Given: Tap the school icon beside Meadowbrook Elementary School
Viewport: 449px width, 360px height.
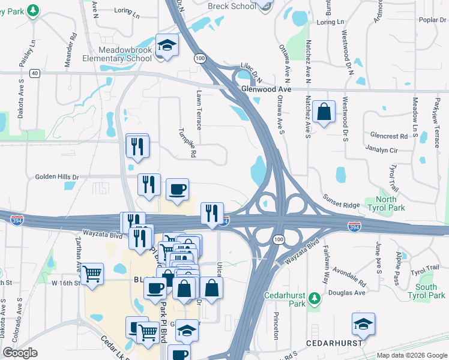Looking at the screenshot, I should pyautogui.click(x=167, y=44).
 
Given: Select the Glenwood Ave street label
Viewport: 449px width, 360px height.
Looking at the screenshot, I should pyautogui.click(x=265, y=89).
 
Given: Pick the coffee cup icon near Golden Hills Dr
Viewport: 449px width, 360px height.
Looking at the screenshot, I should pyautogui.click(x=177, y=190).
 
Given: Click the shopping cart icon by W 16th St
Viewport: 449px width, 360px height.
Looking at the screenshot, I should pyautogui.click(x=92, y=274).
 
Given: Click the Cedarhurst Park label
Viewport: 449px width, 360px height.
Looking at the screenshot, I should pyautogui.click(x=285, y=299).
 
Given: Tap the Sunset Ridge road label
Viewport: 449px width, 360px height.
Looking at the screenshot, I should pyautogui.click(x=341, y=201).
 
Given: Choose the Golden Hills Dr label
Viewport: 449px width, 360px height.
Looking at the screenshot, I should pyautogui.click(x=57, y=177).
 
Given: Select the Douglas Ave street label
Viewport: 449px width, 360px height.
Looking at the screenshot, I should pyautogui.click(x=351, y=293).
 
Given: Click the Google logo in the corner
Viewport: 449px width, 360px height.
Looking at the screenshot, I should pyautogui.click(x=20, y=352).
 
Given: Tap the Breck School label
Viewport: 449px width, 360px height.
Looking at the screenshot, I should pyautogui.click(x=231, y=6).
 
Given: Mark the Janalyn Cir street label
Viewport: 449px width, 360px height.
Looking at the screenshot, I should pyautogui.click(x=381, y=149).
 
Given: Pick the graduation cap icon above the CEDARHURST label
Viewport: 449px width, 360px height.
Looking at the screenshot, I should pyautogui.click(x=363, y=323).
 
